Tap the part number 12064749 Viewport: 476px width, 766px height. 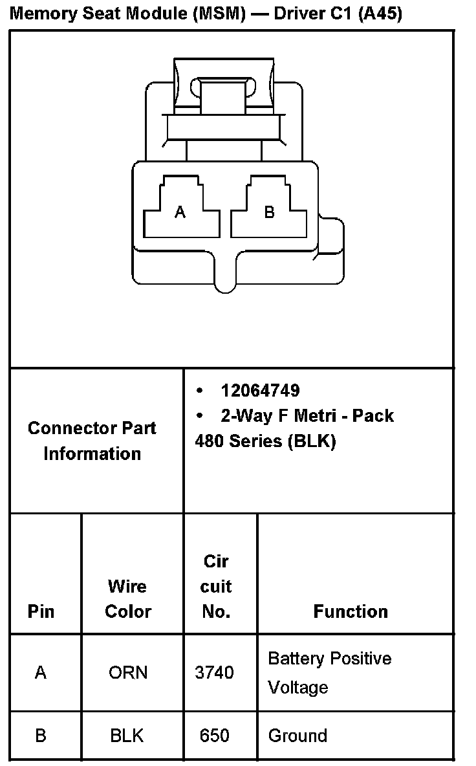(x=260, y=390)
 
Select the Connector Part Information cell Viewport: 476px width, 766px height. (x=92, y=441)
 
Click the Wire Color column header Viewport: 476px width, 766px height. (x=128, y=598)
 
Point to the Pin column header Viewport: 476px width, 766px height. (x=41, y=611)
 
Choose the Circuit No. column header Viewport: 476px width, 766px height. (x=216, y=586)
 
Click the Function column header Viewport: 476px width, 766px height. (x=351, y=611)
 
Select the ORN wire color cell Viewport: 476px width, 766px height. (x=128, y=673)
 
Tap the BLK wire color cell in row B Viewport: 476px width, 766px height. (x=127, y=736)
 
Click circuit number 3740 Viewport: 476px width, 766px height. (x=214, y=673)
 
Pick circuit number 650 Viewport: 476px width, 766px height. (x=214, y=736)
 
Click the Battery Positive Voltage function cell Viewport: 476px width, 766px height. (x=329, y=673)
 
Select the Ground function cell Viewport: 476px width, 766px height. (x=297, y=736)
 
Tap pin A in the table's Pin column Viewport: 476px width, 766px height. (x=41, y=673)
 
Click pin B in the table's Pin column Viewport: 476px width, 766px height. (x=41, y=736)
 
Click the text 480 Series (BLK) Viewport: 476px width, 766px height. (x=265, y=441)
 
